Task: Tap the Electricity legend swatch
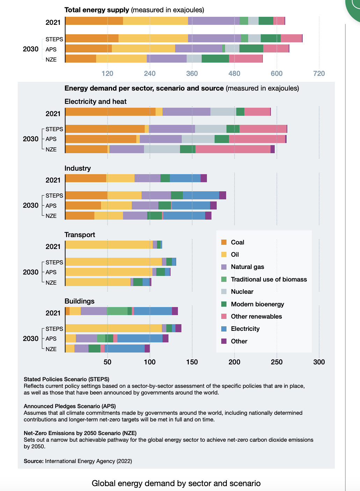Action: [224, 329]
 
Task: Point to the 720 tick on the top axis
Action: [319, 73]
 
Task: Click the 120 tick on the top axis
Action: [107, 73]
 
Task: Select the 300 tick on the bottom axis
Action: [319, 362]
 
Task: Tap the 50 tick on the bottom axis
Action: [107, 362]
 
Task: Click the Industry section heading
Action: [78, 168]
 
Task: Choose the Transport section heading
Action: [80, 235]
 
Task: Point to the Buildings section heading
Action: [79, 301]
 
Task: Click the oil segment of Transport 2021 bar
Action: [109, 245]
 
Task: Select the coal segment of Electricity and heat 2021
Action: [110, 112]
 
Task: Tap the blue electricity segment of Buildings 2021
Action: [153, 311]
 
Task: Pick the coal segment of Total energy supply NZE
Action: [81, 59]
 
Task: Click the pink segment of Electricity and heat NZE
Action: [233, 149]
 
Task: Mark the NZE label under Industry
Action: [51, 216]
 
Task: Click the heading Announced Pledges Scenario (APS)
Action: [70, 406]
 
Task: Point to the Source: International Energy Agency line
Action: [78, 461]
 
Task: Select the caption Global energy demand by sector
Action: [176, 483]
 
